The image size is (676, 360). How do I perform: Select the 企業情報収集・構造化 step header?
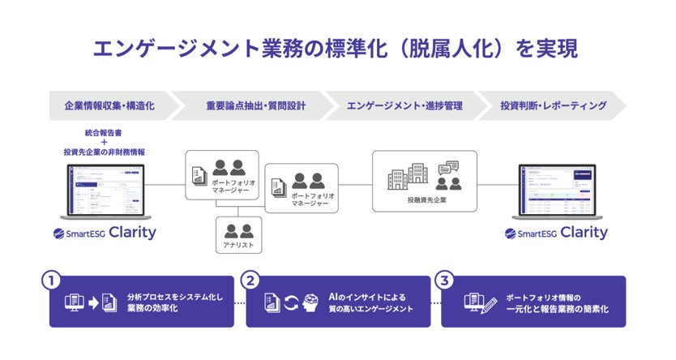pyautogui.click(x=109, y=106)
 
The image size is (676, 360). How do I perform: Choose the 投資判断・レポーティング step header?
pyautogui.click(x=553, y=106)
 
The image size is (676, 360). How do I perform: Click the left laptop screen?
pyautogui.click(x=105, y=190)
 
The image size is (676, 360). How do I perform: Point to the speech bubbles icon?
pyautogui.click(x=448, y=169)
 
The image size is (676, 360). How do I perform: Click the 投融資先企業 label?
pyautogui.click(x=427, y=199)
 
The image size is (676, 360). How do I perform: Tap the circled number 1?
pyautogui.click(x=51, y=281)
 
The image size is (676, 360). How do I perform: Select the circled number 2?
pyautogui.click(x=251, y=281)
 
